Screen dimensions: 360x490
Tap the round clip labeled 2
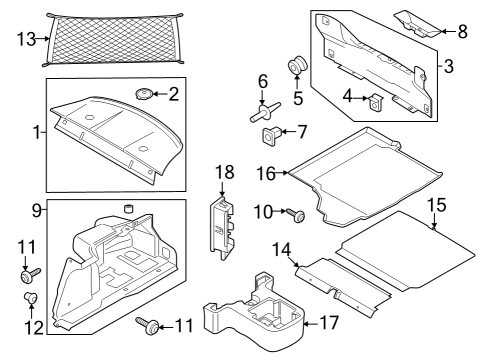point(144,94)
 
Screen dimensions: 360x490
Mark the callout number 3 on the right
point(449,67)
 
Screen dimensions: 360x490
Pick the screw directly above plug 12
point(27,272)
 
